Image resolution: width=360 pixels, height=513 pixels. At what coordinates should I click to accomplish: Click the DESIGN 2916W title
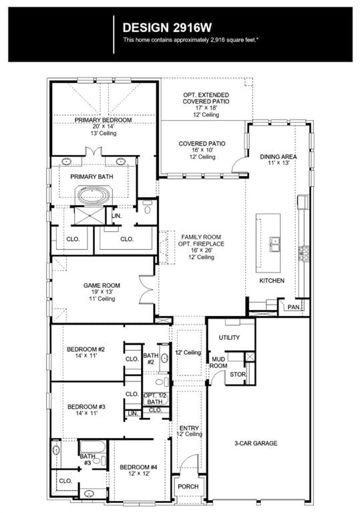pyautogui.click(x=167, y=28)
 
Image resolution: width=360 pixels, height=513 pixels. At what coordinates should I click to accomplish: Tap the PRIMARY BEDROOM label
pyautogui.click(x=103, y=120)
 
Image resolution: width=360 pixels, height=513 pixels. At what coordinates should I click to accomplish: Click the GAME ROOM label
pyautogui.click(x=102, y=285)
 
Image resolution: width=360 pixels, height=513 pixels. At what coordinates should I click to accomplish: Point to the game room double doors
pyautogui.click(x=146, y=289)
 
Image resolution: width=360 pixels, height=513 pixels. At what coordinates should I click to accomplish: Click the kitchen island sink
pyautogui.click(x=275, y=244)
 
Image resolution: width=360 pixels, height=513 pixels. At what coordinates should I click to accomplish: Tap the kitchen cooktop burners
pyautogui.click(x=304, y=254)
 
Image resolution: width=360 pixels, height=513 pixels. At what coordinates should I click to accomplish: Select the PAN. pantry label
pyautogui.click(x=294, y=307)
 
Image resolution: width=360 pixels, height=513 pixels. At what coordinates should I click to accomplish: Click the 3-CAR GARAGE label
pyautogui.click(x=256, y=444)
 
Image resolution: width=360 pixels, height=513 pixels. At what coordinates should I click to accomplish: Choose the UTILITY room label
pyautogui.click(x=229, y=337)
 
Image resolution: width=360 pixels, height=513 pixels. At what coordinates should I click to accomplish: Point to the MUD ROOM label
pyautogui.click(x=218, y=363)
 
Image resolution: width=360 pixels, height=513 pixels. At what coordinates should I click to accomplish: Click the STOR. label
pyautogui.click(x=238, y=374)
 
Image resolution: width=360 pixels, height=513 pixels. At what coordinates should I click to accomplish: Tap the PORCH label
pyautogui.click(x=188, y=486)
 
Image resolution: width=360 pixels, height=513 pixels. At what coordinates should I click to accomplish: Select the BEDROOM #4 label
pyautogui.click(x=138, y=467)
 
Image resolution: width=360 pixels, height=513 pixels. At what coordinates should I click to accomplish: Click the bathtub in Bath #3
pyautogui.click(x=93, y=447)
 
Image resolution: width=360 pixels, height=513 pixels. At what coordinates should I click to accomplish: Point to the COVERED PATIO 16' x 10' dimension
pyautogui.click(x=202, y=150)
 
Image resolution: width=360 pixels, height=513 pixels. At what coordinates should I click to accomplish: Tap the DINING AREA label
pyautogui.click(x=278, y=157)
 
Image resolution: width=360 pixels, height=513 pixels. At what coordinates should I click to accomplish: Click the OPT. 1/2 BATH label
pyautogui.click(x=155, y=399)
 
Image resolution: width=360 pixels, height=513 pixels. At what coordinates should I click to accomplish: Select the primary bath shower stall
pyautogui.click(x=89, y=216)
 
